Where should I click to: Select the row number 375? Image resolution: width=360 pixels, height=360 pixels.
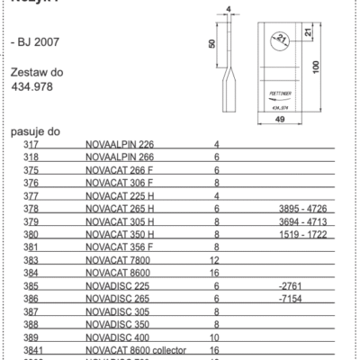click(31, 169)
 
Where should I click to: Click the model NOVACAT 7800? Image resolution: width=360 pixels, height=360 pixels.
click(120, 258)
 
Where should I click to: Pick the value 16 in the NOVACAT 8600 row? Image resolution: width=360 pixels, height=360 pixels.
click(215, 271)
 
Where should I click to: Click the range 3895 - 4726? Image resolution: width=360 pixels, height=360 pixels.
click(301, 207)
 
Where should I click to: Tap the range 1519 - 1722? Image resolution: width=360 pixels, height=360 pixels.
click(301, 233)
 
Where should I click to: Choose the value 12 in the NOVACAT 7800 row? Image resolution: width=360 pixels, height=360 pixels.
click(215, 258)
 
